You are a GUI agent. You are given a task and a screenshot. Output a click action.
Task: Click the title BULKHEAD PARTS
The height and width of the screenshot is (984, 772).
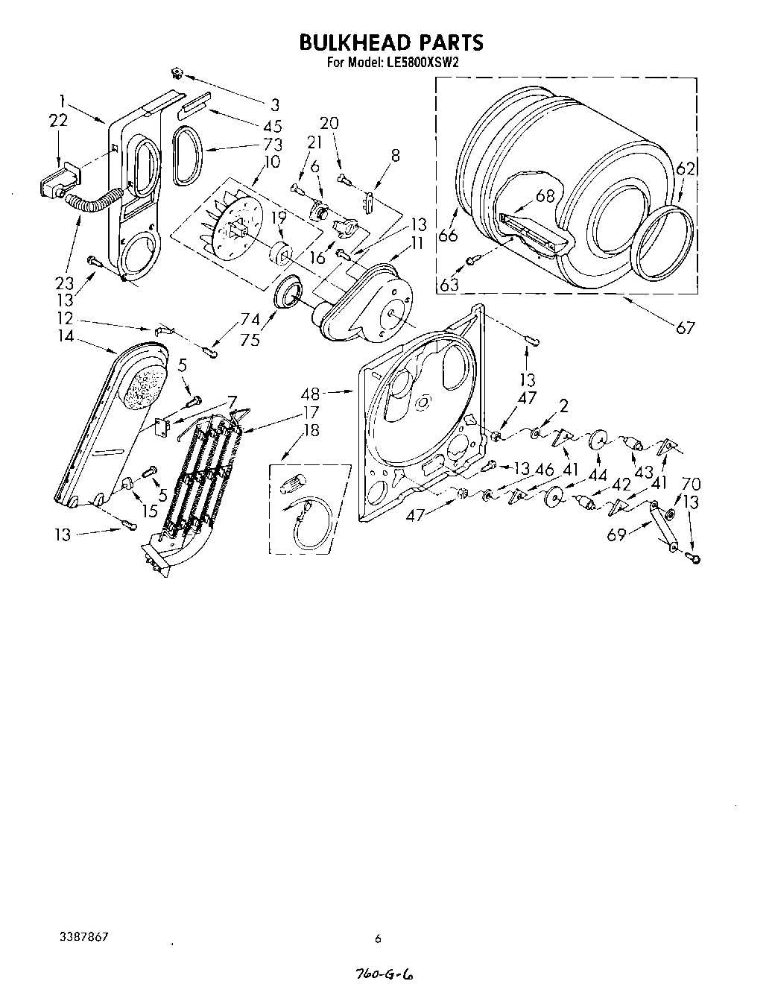390,42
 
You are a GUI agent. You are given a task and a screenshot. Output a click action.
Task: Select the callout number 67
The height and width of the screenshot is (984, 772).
685,327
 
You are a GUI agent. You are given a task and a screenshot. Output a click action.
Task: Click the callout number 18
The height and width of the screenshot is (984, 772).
311,430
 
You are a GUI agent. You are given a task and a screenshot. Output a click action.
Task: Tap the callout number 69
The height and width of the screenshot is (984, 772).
616,534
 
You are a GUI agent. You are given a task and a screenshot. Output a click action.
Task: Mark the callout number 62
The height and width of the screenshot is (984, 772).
686,169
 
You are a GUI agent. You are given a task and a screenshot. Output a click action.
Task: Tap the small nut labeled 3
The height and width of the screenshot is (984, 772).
177,72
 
